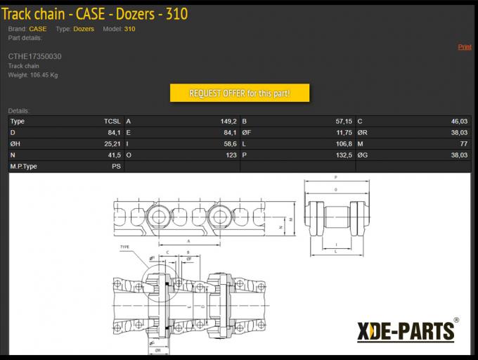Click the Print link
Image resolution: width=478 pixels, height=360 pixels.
point(465,47)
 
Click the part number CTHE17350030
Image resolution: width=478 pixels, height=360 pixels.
point(34,56)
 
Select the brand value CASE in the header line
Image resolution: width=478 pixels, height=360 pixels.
point(38,29)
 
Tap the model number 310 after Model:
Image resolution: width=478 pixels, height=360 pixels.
point(129,29)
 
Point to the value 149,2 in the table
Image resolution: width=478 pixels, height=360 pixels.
point(229,122)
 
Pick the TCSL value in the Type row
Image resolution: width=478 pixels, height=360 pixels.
point(112,122)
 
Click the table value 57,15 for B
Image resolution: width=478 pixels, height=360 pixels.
point(344,122)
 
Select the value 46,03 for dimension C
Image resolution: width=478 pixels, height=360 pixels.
point(459,122)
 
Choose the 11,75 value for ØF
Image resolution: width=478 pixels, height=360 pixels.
point(344,133)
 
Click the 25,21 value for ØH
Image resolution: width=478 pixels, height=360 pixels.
point(112,144)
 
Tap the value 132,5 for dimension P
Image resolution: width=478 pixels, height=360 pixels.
point(344,155)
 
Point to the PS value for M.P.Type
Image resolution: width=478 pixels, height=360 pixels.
point(116,167)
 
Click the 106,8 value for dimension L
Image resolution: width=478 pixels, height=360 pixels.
point(344,144)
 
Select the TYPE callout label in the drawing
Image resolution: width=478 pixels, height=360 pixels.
point(125,247)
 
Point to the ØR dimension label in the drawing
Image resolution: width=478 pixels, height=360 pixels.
point(158,349)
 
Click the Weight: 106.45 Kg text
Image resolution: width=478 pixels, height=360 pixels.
point(33,75)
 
